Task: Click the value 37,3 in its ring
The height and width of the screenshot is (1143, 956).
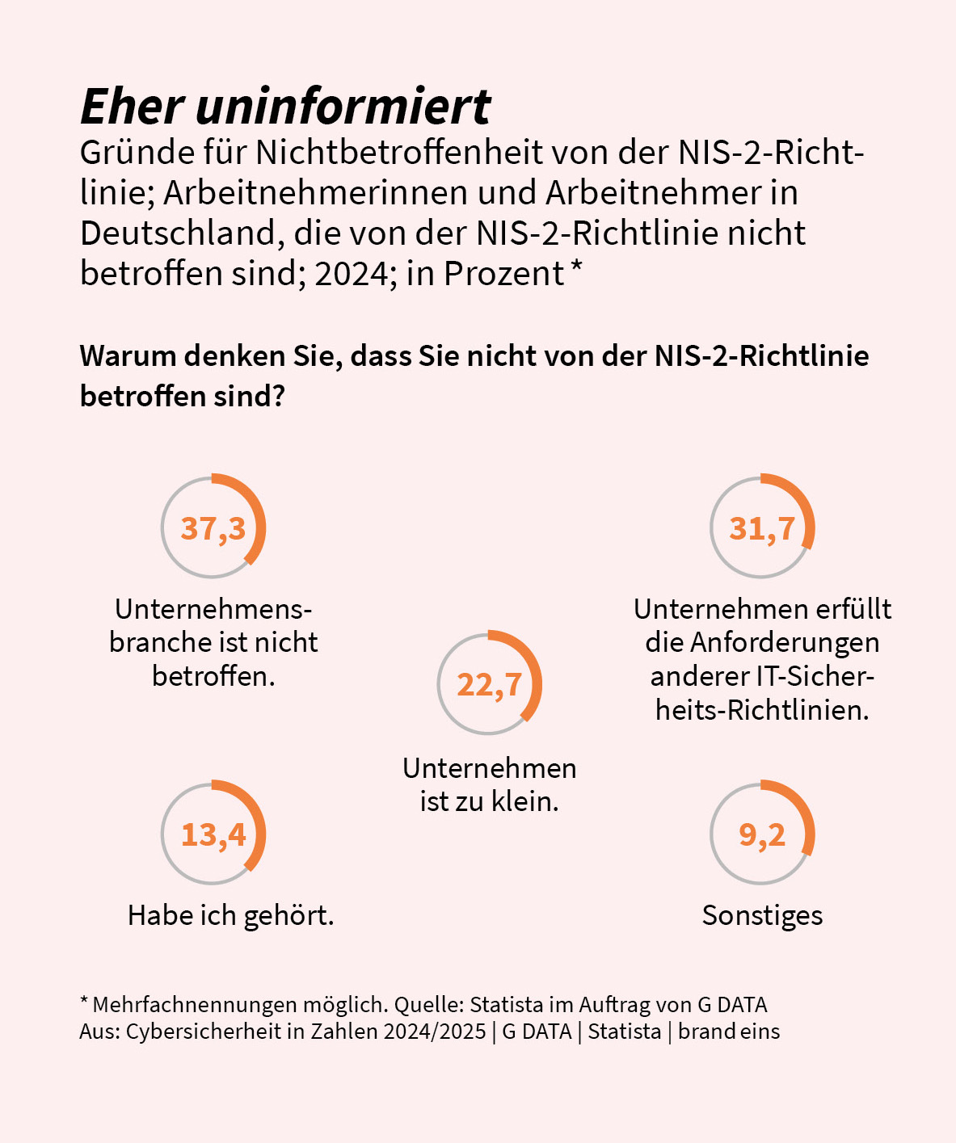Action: [213, 528]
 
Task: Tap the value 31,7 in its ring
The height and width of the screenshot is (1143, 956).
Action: [762, 528]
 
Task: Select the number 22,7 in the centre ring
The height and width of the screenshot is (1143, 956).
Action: [490, 684]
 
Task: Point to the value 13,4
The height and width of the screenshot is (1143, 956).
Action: [213, 834]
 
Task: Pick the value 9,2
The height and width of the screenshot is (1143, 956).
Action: [762, 834]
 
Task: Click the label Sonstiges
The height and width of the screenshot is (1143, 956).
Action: [762, 916]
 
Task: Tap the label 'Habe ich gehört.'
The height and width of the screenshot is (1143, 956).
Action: [230, 916]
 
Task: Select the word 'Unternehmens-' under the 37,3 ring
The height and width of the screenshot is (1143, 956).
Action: [213, 609]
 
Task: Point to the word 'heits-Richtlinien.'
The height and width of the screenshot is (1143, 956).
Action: [762, 710]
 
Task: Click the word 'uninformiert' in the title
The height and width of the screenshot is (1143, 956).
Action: [343, 107]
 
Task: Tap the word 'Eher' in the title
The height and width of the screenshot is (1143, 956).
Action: [133, 107]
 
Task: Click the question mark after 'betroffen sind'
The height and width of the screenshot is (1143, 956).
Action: [280, 397]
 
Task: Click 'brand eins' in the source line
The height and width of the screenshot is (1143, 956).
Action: [729, 1032]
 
